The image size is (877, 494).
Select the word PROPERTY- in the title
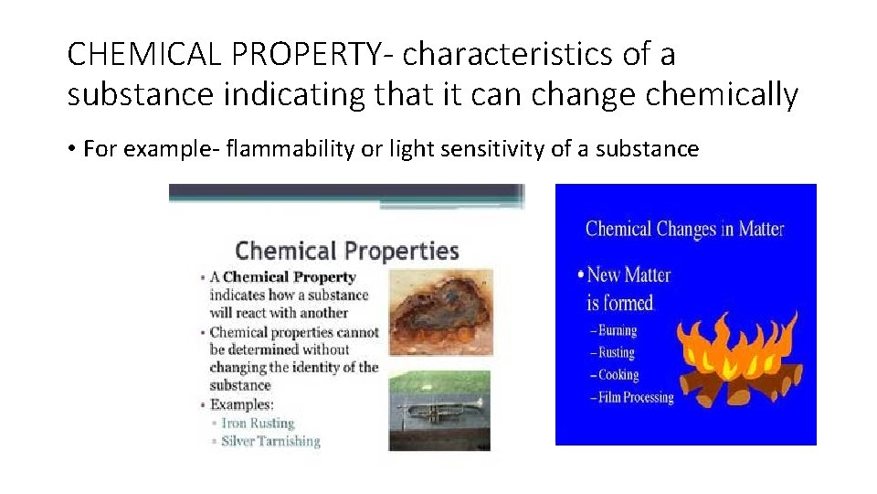(x=314, y=55)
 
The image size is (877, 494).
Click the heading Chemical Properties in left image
(x=346, y=251)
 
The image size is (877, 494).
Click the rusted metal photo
(x=440, y=314)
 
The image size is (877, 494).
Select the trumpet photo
(x=439, y=409)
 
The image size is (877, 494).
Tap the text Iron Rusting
(x=258, y=423)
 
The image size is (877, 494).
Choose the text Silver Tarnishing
(x=270, y=441)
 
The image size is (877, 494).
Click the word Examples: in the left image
(x=241, y=404)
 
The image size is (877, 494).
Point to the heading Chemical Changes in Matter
(x=684, y=229)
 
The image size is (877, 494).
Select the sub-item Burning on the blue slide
(x=617, y=330)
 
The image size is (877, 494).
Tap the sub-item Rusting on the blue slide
(x=616, y=352)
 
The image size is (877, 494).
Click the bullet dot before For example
(x=72, y=149)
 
